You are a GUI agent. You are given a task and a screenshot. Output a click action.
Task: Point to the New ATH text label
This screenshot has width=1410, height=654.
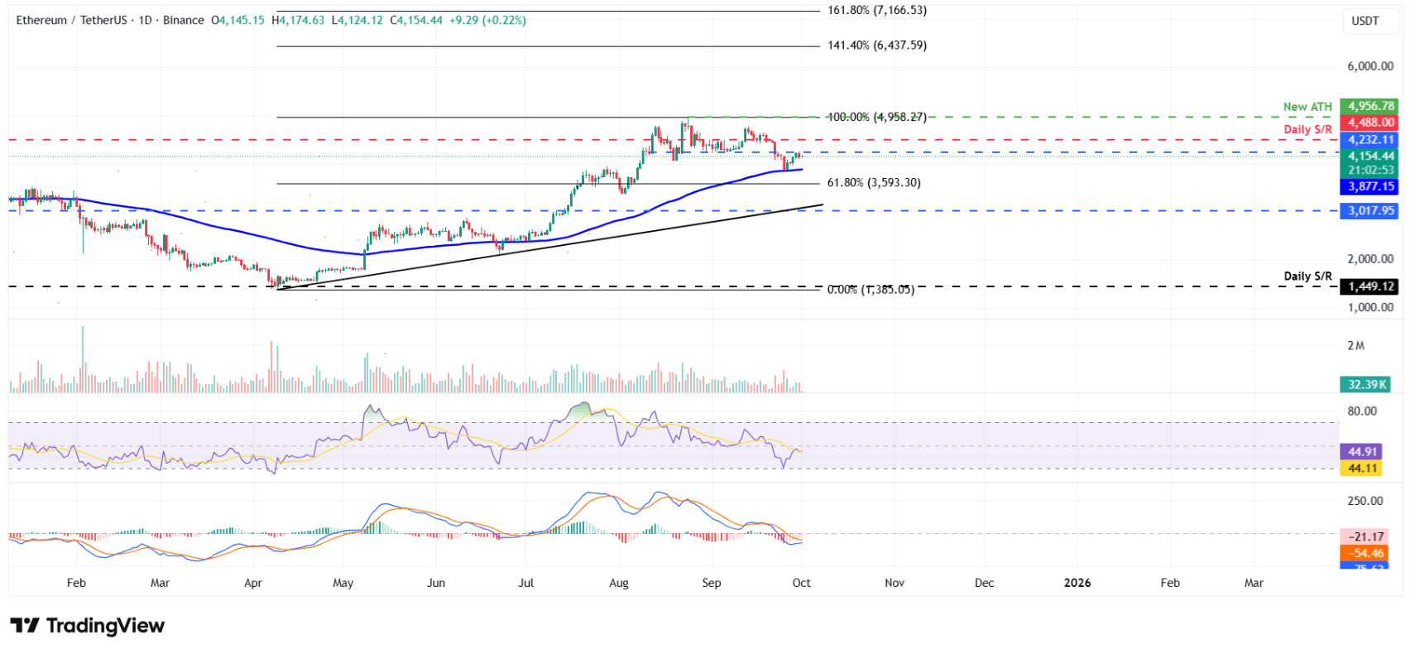click(x=1307, y=107)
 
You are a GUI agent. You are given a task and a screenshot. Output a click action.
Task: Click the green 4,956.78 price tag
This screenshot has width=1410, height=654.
click(x=1370, y=106)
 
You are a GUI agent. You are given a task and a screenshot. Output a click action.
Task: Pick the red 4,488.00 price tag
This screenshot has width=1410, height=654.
click(x=1370, y=123)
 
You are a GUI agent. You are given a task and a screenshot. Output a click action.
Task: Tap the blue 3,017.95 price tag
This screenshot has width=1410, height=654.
click(x=1370, y=210)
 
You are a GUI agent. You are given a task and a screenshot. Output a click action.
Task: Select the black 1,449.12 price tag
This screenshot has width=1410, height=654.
click(x=1370, y=286)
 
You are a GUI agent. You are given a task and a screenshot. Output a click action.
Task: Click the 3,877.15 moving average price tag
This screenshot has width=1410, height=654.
click(x=1370, y=187)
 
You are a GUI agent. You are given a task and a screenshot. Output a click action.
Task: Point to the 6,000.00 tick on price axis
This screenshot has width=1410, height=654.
click(x=1369, y=66)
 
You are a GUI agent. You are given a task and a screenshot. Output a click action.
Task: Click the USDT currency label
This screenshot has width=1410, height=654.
click(x=1365, y=21)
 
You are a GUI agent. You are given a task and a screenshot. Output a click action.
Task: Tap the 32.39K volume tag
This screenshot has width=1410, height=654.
click(x=1367, y=384)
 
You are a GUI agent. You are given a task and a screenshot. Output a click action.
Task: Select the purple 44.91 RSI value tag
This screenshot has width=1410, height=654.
click(x=1362, y=452)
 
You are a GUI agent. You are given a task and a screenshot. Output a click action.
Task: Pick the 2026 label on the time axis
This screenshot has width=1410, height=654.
click(x=1077, y=583)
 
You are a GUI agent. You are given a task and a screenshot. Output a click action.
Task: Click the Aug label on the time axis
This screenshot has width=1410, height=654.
click(x=619, y=583)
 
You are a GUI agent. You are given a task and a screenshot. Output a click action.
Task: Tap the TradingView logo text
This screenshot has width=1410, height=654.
click(x=88, y=626)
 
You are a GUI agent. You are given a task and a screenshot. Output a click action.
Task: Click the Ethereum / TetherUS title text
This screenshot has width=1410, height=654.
click(x=71, y=20)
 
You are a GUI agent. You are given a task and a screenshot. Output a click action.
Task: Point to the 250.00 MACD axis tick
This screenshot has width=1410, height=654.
click(x=1364, y=501)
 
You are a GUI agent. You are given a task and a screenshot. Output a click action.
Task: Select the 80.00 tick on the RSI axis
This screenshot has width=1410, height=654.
click(x=1362, y=411)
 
